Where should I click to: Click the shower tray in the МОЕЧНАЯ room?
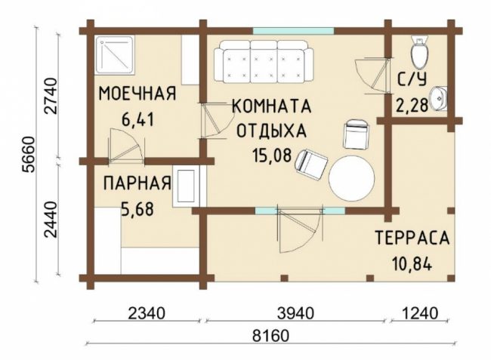point(115,55)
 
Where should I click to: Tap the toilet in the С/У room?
point(419,53)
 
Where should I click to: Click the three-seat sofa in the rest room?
point(264,62)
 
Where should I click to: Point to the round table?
point(351,179)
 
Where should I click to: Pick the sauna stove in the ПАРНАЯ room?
point(187,186)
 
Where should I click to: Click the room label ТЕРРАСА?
point(412,238)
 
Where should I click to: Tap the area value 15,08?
point(273,155)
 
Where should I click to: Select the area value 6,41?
point(137,119)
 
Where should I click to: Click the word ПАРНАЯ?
point(137,183)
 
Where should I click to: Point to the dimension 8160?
point(271,336)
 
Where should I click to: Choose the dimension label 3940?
point(295,313)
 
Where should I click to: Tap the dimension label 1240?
point(419,313)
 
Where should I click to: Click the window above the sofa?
point(293,31)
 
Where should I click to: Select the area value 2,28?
point(412,105)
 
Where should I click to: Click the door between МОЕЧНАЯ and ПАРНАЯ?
point(126,146)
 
